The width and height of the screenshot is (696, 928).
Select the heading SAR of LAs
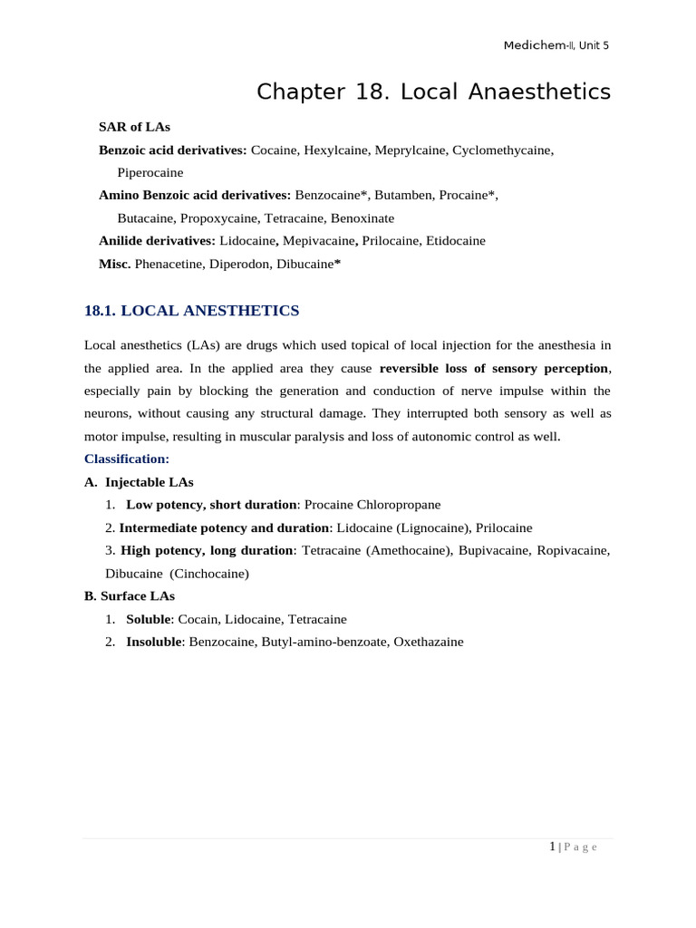pyautogui.click(x=134, y=127)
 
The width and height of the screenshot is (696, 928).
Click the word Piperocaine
pyautogui.click(x=150, y=172)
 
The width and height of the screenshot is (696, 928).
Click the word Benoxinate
pyautogui.click(x=362, y=217)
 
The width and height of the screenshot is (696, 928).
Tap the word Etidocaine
pyautogui.click(x=456, y=240)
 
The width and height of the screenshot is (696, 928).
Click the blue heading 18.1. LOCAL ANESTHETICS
pyautogui.click(x=191, y=311)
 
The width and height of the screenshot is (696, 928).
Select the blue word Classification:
pyautogui.click(x=127, y=459)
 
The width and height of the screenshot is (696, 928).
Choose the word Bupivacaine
pyautogui.click(x=498, y=550)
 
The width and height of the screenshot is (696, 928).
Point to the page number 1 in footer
pyautogui.click(x=552, y=846)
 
